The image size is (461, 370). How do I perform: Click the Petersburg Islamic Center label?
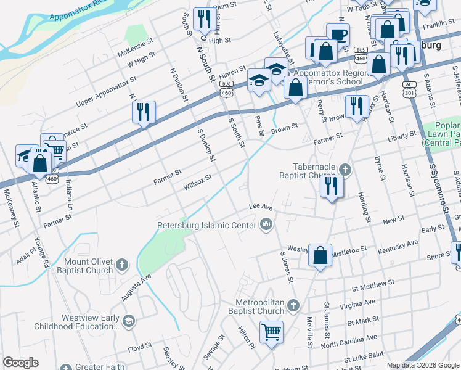click(206, 225)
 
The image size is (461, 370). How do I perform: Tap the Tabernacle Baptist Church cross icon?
click(345, 169)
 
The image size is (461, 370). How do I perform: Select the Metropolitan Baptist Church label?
click(261, 306)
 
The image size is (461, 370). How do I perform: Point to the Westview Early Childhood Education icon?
click(128, 320)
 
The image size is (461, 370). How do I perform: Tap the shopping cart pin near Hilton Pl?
click(271, 332)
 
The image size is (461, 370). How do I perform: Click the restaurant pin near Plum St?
click(202, 18)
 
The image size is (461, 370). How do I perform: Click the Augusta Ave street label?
click(136, 288)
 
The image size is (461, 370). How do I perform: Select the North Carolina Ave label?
click(348, 342)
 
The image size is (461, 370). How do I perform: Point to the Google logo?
click(20, 363)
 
